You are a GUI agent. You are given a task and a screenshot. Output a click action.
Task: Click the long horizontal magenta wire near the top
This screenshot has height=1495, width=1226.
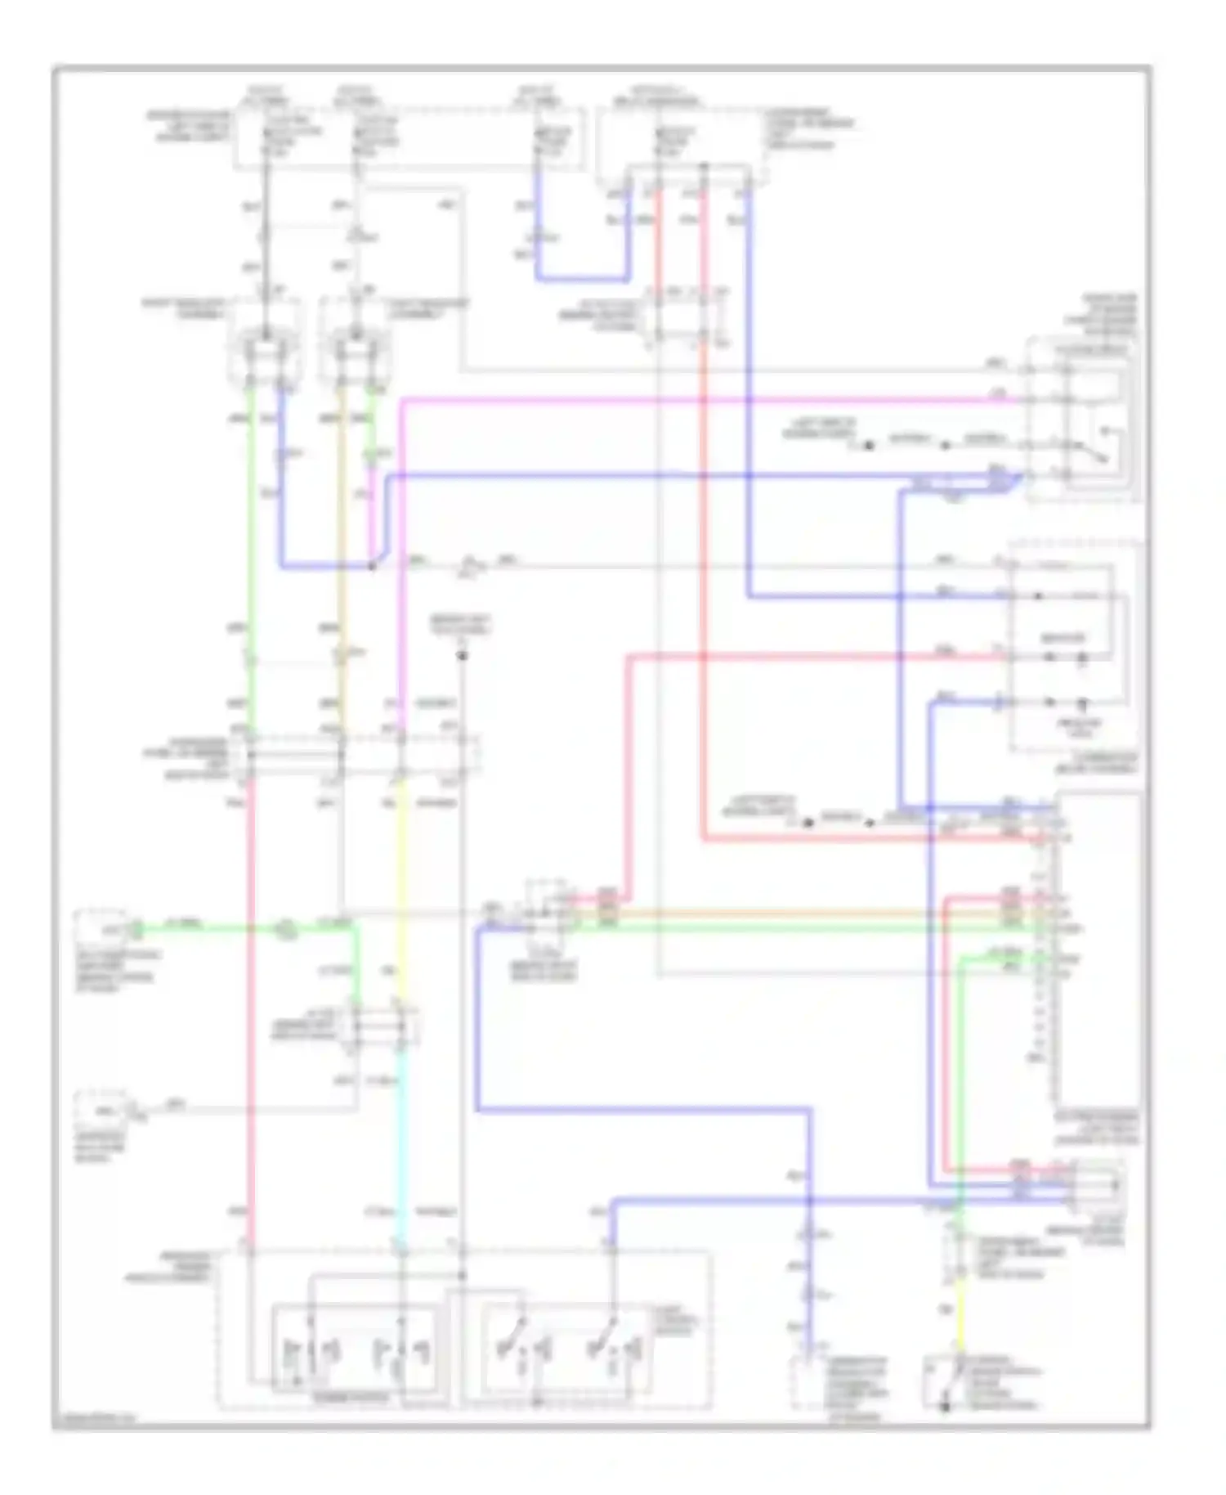tap(703, 400)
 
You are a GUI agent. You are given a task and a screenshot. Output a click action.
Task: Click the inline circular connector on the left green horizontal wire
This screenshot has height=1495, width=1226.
tap(285, 928)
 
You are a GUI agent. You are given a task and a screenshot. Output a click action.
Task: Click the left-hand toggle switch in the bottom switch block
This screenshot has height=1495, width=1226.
tap(516, 1341)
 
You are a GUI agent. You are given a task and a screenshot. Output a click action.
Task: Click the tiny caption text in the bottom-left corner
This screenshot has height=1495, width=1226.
tap(94, 1420)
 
